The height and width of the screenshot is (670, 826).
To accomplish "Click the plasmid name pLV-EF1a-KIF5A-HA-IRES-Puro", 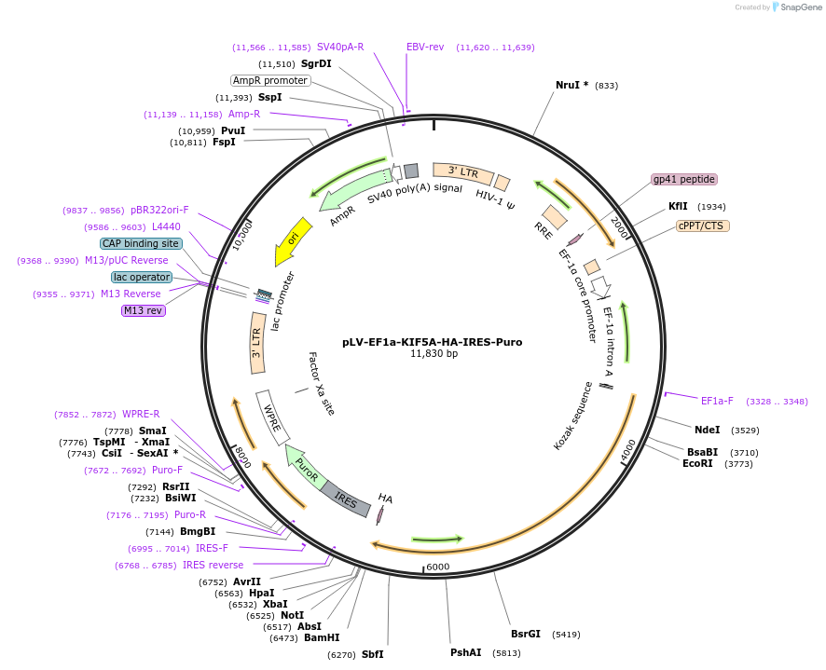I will point(432,342).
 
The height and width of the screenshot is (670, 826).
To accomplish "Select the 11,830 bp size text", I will point(434,354).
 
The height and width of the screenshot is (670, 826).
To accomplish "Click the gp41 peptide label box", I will point(684,179).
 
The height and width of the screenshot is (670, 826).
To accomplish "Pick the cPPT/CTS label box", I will point(703,226).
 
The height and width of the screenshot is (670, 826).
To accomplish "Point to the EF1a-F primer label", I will point(717,401).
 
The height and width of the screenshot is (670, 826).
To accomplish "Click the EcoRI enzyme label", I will point(697,463).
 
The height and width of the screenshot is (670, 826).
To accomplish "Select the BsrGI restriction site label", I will point(526,634).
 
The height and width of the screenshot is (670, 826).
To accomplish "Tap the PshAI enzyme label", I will point(465,652).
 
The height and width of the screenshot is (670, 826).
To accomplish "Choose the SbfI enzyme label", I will point(372,654).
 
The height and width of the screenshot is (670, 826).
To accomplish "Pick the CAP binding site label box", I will point(140,243).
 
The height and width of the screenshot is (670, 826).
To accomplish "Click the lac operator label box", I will point(142,277).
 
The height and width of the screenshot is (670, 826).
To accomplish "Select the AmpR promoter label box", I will point(270,80).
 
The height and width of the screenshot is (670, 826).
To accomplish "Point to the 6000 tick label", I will point(438,567).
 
